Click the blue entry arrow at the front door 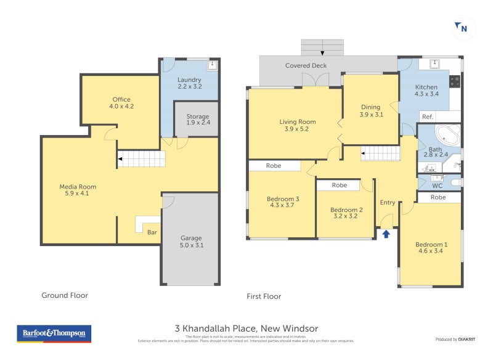tap(386, 234)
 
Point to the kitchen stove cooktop tap(455, 81)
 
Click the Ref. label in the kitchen tap(426, 117)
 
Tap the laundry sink tap(212, 65)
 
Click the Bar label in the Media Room tap(152, 232)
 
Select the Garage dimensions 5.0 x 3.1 tap(191, 245)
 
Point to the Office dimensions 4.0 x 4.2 tap(121, 106)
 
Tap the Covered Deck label tap(306, 65)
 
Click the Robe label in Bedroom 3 tap(274, 165)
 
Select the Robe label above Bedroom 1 tap(438, 197)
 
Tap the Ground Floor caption tap(65, 295)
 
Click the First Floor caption tap(264, 296)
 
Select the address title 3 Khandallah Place tap(246, 329)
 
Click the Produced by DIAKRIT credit tap(455, 340)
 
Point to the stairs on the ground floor tap(142, 159)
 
